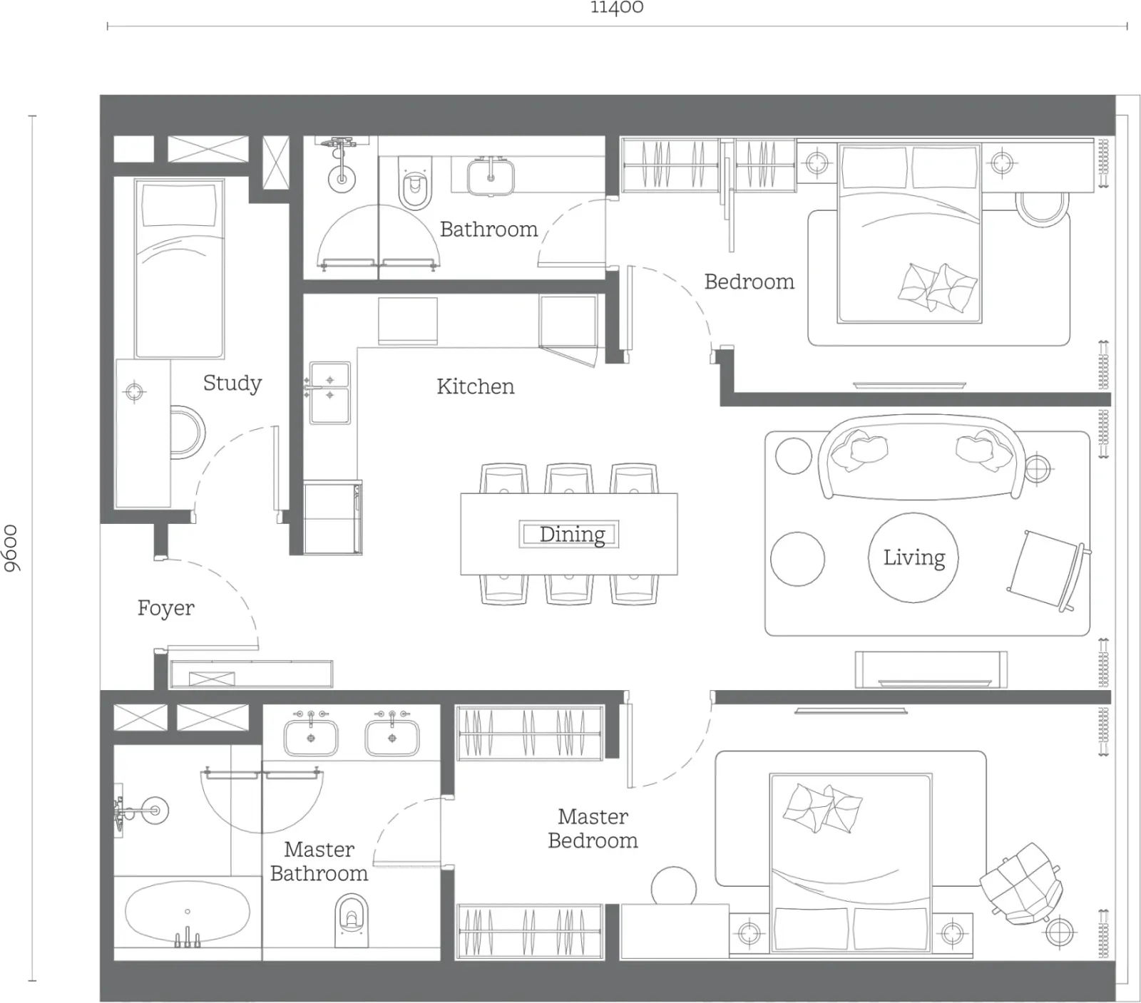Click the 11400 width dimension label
click(617, 7)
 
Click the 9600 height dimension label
click(12, 548)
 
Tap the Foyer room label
click(165, 608)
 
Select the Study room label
click(232, 383)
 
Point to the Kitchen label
click(475, 386)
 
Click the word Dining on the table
click(572, 534)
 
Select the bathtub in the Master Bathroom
click(188, 914)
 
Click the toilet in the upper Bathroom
click(414, 184)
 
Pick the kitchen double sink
click(329, 393)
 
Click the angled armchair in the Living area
click(1048, 570)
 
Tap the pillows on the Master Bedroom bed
click(822, 808)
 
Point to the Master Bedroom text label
click(593, 828)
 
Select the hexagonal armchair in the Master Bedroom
click(1020, 884)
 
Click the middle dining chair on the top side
click(569, 478)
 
